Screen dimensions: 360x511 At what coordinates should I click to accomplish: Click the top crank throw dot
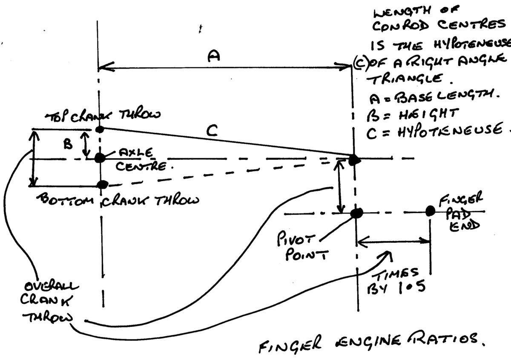click(100, 129)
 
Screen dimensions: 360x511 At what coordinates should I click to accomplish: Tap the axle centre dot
click(100, 158)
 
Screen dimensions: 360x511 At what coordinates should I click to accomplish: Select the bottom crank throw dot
click(102, 184)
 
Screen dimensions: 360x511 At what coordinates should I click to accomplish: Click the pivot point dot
click(357, 212)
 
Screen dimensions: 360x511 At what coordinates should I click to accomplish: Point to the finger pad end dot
click(430, 210)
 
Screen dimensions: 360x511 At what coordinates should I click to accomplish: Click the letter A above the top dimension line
click(213, 57)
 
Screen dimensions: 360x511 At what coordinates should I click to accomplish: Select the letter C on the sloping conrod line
click(211, 132)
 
